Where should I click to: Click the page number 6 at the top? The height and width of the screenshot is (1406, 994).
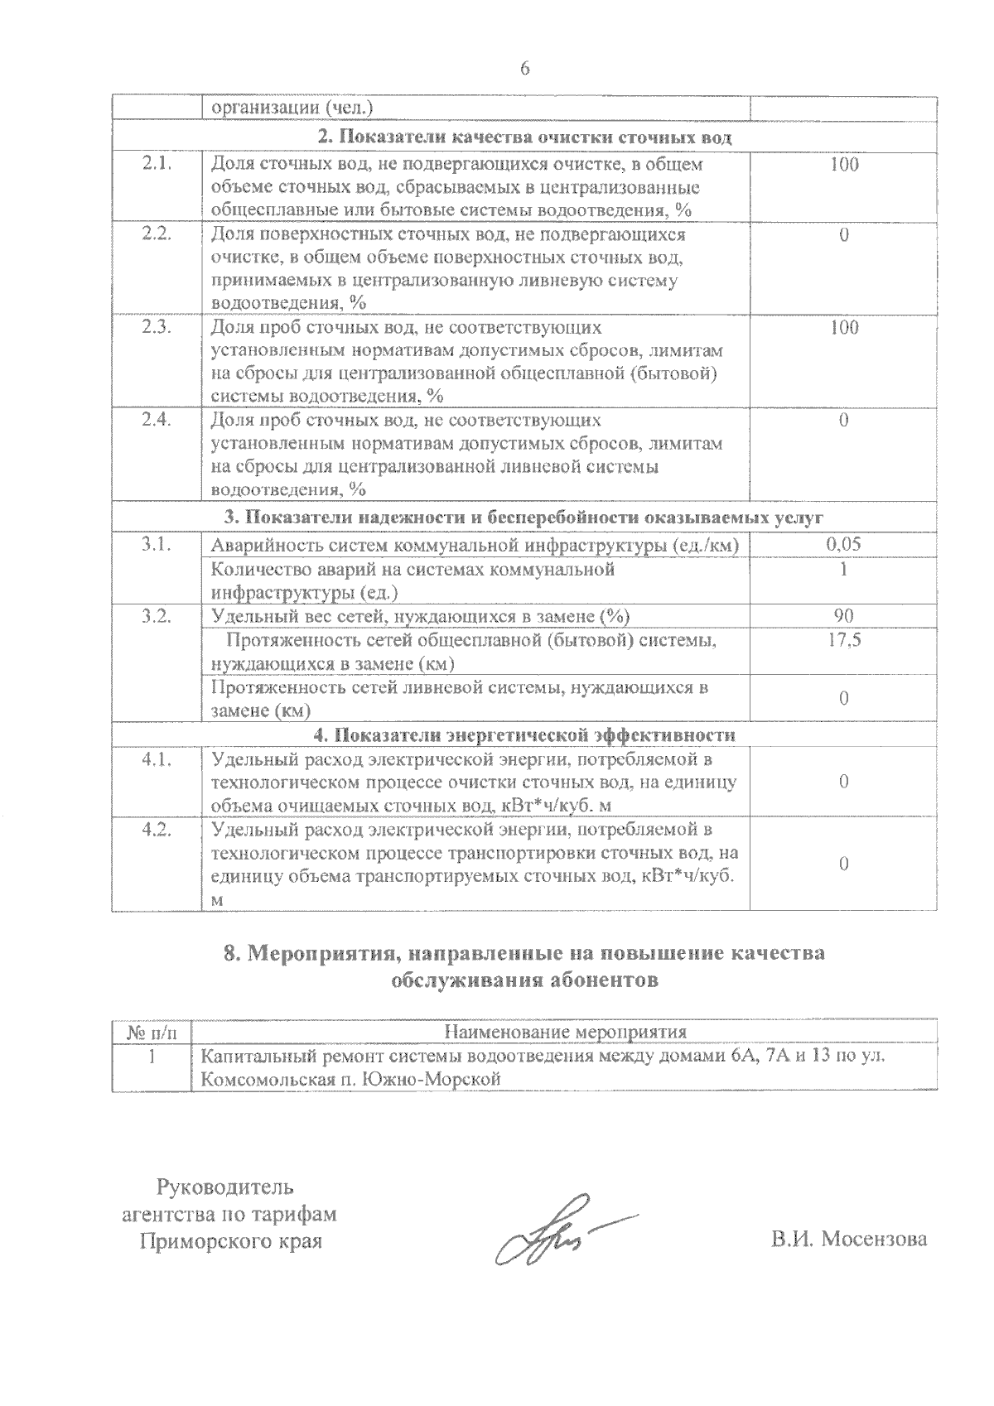pyautogui.click(x=524, y=69)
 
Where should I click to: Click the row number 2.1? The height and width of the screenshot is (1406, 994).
pyautogui.click(x=157, y=164)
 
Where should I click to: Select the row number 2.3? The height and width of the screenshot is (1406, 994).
pyautogui.click(x=157, y=327)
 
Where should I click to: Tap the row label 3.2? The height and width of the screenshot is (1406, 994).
pyautogui.click(x=157, y=615)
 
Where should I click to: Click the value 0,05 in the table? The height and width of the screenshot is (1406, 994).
pyautogui.click(x=844, y=544)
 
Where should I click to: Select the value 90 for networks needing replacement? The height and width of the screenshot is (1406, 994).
pyautogui.click(x=844, y=615)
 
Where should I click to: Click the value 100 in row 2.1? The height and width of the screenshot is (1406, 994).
pyautogui.click(x=844, y=164)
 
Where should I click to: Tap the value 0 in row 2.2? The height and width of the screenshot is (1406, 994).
pyautogui.click(x=844, y=234)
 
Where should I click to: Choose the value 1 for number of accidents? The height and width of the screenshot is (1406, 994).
pyautogui.click(x=844, y=569)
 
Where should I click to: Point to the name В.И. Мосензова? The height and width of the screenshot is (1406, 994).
pyautogui.click(x=848, y=1240)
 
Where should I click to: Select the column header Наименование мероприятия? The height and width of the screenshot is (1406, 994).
pyautogui.click(x=566, y=1032)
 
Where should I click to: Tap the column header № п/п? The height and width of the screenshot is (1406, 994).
pyautogui.click(x=151, y=1033)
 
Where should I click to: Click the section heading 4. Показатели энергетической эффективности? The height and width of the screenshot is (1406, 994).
pyautogui.click(x=524, y=734)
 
